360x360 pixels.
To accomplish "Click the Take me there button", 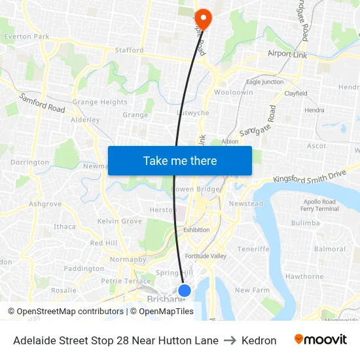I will pyautogui.click(x=180, y=161).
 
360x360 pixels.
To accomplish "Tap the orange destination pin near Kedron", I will pyautogui.click(x=203, y=18).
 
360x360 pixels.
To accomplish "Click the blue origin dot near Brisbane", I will pyautogui.click(x=185, y=290).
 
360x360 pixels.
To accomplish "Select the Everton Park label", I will pyautogui.click(x=27, y=37).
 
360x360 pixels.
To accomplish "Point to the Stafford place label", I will pyautogui.click(x=129, y=50).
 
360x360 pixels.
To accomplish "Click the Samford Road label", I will pyautogui.click(x=43, y=103).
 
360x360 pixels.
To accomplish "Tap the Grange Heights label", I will pyautogui.click(x=99, y=102).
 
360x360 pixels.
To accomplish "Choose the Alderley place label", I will pyautogui.click(x=85, y=120).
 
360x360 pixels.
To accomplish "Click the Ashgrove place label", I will pyautogui.click(x=45, y=204).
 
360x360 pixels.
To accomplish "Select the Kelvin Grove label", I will pyautogui.click(x=119, y=221).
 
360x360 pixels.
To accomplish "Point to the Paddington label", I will pyautogui.click(x=84, y=268).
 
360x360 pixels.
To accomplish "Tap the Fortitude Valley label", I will pyautogui.click(x=206, y=256).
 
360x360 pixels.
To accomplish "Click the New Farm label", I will pyautogui.click(x=252, y=290).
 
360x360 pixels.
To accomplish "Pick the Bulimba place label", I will pyautogui.click(x=305, y=223).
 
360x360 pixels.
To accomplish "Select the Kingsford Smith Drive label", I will pyautogui.click(x=309, y=177).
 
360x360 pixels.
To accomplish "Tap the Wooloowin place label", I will pyautogui.click(x=233, y=93).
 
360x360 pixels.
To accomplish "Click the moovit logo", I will pyautogui.click(x=321, y=340).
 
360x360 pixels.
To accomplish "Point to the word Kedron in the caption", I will pyautogui.click(x=259, y=340).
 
